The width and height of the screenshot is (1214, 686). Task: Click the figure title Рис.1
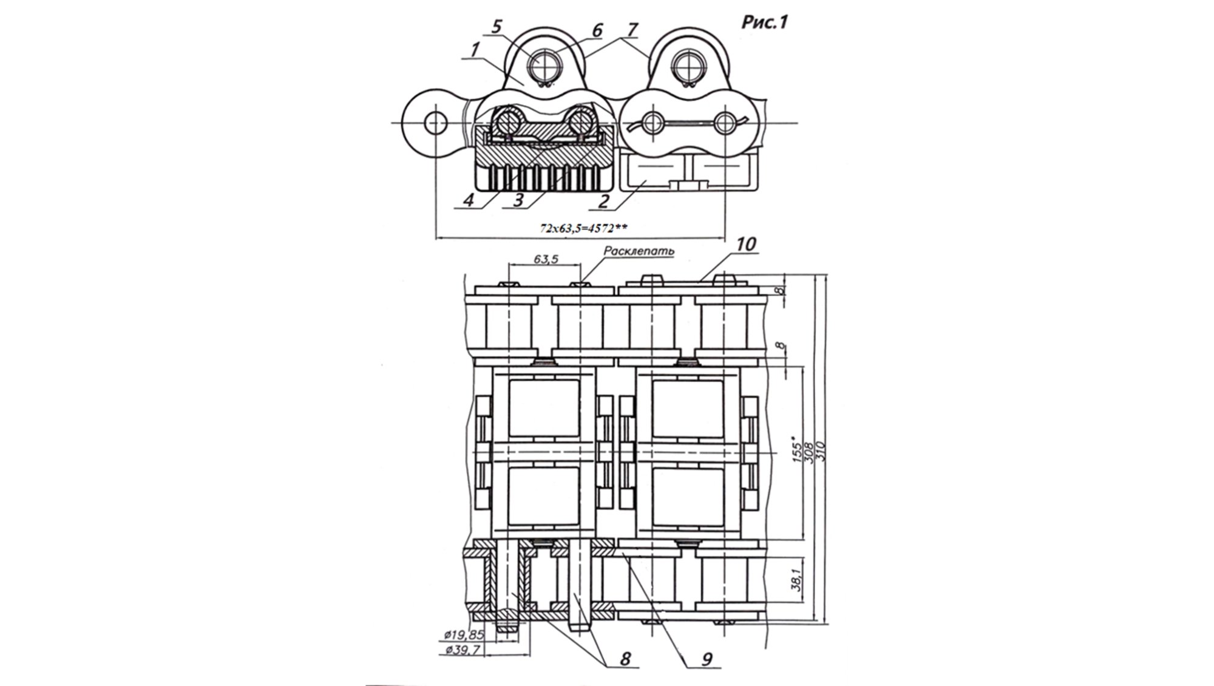click(x=764, y=22)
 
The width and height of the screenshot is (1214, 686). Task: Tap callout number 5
click(x=497, y=27)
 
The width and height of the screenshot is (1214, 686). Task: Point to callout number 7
click(x=632, y=29)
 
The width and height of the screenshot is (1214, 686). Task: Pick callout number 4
click(x=469, y=200)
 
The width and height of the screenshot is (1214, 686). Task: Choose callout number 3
click(x=518, y=200)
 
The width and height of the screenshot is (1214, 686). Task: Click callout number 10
click(x=746, y=244)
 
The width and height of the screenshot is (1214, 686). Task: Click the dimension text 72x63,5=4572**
click(x=583, y=228)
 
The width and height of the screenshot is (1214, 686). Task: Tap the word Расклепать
click(x=639, y=251)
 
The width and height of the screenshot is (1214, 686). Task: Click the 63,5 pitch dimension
click(x=546, y=259)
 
